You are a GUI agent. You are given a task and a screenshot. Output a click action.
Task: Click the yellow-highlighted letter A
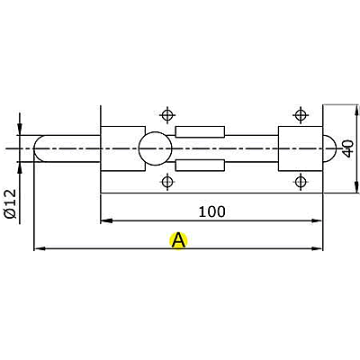point(178,240)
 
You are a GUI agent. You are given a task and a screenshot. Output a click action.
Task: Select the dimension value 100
point(211,211)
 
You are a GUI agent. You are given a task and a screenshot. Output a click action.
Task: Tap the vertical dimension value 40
point(348,149)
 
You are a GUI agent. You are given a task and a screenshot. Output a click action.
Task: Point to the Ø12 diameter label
point(11,204)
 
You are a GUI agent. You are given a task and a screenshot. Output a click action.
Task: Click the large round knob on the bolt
point(155,148)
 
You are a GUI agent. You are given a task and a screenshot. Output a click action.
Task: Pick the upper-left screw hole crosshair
point(167,115)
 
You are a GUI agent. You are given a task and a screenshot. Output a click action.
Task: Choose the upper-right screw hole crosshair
point(301,115)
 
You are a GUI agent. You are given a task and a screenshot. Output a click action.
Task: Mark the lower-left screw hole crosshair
point(167,182)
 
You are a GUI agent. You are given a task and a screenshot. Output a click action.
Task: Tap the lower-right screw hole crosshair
point(301,182)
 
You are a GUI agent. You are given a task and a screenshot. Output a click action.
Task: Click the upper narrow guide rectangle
point(200,131)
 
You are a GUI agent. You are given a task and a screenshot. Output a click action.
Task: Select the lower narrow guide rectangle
point(200,166)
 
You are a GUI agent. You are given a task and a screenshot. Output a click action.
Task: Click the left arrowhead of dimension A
point(40,248)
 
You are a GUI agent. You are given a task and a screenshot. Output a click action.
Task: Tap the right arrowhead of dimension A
point(318,248)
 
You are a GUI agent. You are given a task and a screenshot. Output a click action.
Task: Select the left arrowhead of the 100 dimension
point(106,220)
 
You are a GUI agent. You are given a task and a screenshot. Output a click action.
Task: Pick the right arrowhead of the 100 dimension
point(317,220)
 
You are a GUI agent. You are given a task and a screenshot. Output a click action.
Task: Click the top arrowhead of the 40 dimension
point(356,110)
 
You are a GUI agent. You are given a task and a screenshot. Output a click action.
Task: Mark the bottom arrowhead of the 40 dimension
point(356,187)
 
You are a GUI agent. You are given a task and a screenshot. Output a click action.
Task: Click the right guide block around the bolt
point(301,148)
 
